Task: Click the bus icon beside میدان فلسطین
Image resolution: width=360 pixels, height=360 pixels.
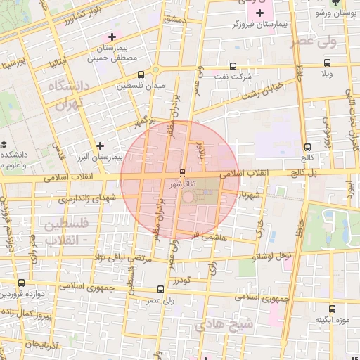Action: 141,75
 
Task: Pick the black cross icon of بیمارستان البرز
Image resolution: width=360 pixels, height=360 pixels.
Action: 101,146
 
